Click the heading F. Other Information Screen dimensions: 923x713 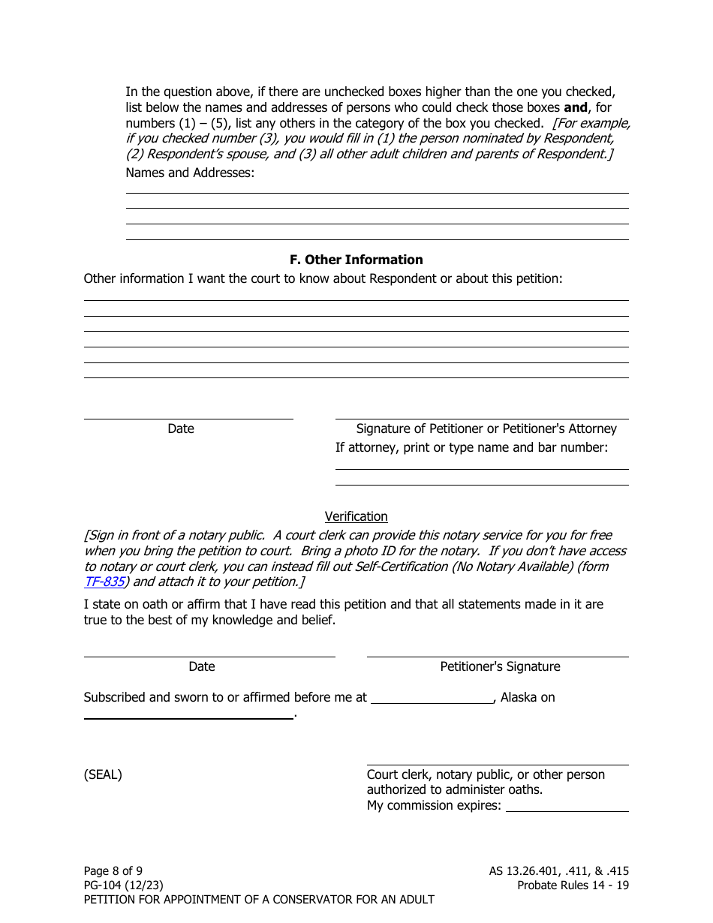(x=356, y=260)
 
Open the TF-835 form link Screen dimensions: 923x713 (x=104, y=582)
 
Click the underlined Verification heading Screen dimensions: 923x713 (x=356, y=516)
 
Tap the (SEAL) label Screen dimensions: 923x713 (x=103, y=774)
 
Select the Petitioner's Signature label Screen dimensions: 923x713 (x=500, y=666)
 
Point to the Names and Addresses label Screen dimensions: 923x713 (x=190, y=173)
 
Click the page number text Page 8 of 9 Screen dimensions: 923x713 (x=113, y=871)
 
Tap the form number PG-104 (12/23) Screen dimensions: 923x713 (x=123, y=885)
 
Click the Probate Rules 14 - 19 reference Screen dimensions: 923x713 (x=573, y=885)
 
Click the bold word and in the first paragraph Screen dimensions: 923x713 (x=576, y=107)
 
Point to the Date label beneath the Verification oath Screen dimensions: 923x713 (x=201, y=666)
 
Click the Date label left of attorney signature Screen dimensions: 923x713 (x=180, y=428)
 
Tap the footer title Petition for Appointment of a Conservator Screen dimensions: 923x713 (x=259, y=900)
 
